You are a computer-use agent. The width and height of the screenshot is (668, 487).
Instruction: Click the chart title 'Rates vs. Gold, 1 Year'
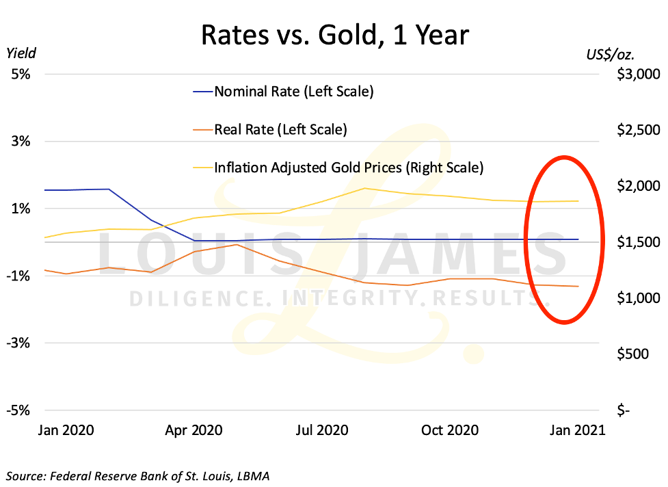click(334, 34)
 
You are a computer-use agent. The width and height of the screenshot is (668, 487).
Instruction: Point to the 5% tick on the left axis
click(20, 74)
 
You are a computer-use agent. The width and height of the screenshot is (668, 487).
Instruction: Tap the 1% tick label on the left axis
click(20, 209)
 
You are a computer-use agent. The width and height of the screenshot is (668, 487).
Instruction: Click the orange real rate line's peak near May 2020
click(236, 244)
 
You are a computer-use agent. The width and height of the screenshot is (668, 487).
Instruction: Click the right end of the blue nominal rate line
click(578, 239)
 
